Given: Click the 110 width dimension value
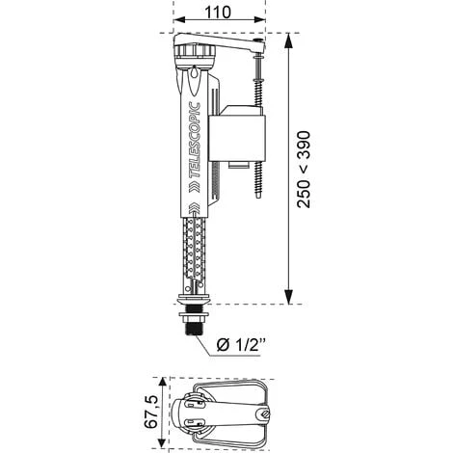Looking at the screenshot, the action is point(218,13).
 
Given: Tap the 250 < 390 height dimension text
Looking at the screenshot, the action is point(304,170).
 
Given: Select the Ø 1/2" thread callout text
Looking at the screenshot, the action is point(241,345).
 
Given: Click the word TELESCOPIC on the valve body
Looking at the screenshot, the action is point(195,140).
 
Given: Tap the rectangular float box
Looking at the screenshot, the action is point(237,139).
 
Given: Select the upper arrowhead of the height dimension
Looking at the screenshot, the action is point(289,40).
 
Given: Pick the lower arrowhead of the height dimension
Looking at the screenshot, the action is point(289,296).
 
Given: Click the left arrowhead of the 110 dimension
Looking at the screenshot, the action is point(180,20).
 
